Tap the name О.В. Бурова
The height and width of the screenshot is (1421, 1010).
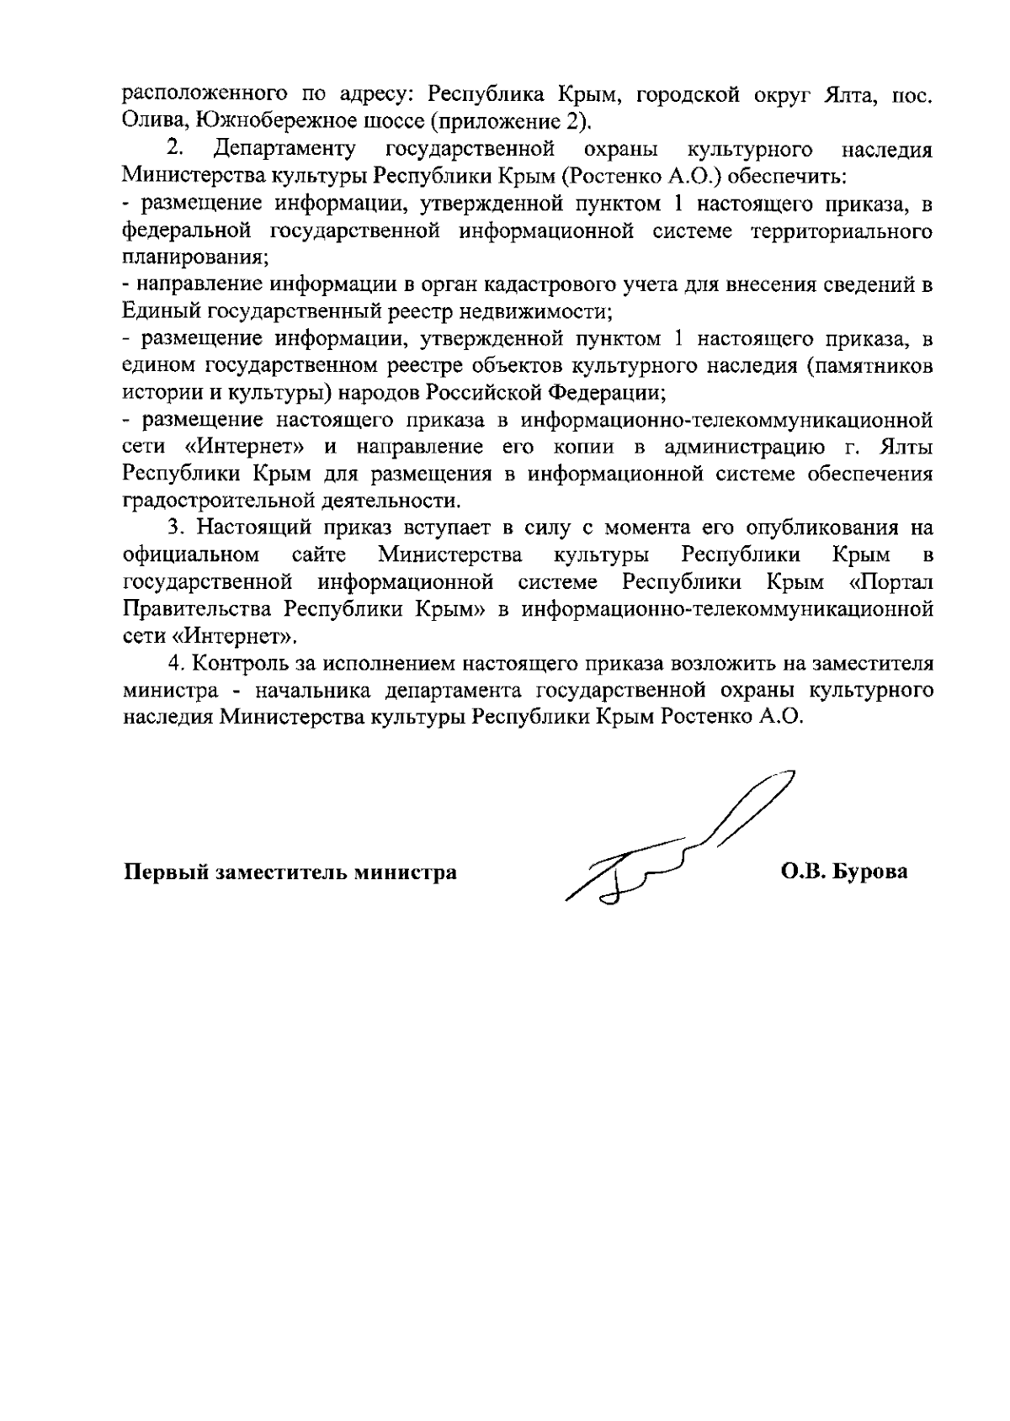pos(844,872)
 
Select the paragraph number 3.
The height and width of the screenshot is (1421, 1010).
pos(175,528)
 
